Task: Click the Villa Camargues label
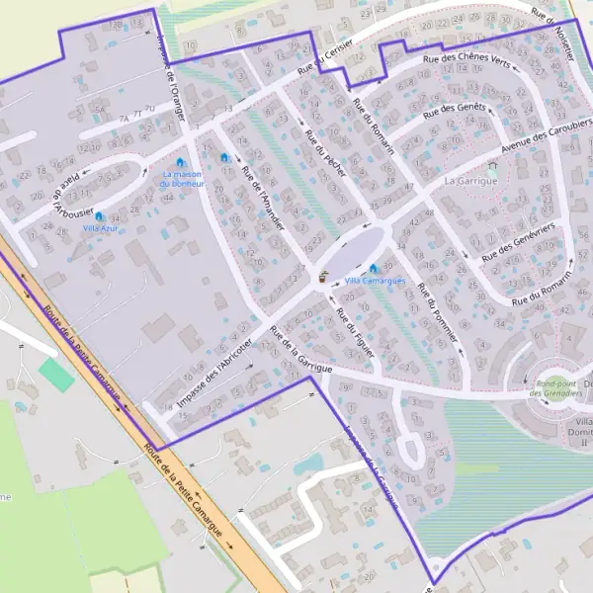375,281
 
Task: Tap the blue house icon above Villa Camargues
374,268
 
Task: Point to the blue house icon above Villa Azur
99,215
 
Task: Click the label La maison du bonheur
183,179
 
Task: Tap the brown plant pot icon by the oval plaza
323,278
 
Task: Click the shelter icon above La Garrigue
492,168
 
